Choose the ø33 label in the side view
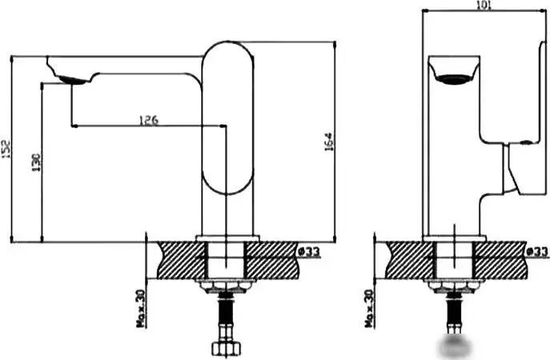pos(309,252)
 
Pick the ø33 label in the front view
pos(537,252)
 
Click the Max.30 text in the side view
pos(141,308)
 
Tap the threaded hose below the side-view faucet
pos(225,316)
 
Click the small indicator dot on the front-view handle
pos(526,142)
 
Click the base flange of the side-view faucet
pos(228,238)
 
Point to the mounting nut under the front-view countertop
pos(453,286)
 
